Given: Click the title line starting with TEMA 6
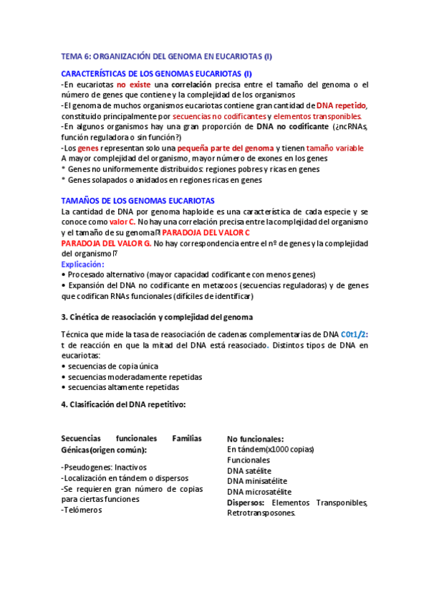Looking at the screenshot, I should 166,57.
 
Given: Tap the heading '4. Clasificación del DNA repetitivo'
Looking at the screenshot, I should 123,404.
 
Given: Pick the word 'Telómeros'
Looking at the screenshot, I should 84,510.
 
